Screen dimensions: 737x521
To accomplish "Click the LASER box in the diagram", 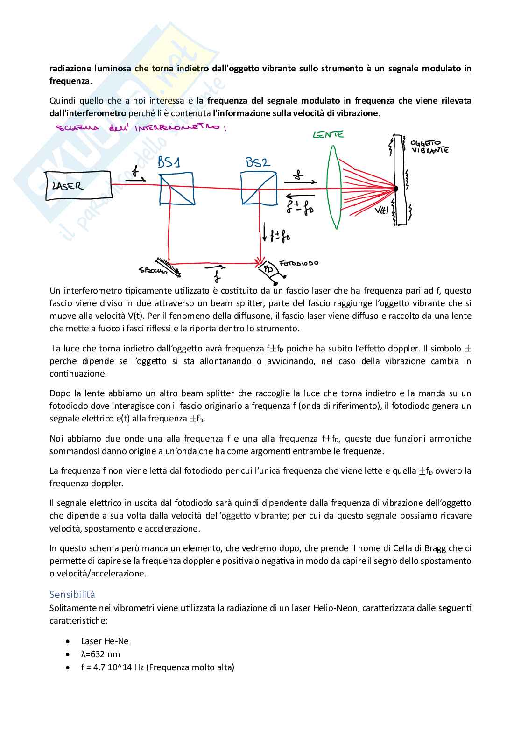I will [x=78, y=186].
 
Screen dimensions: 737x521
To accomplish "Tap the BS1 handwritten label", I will [x=169, y=162].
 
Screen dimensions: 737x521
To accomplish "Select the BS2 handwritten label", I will [x=257, y=162].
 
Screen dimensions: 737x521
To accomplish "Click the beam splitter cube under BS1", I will [x=176, y=189].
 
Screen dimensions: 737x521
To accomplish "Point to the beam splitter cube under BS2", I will [x=259, y=188].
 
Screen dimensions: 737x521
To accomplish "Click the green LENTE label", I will [x=328, y=134].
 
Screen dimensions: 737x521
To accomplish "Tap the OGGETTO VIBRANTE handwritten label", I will [x=429, y=147].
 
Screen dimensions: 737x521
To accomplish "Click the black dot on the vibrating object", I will [x=395, y=189].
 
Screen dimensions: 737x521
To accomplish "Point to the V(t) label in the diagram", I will [x=381, y=210].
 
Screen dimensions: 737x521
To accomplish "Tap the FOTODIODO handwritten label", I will [x=299, y=263].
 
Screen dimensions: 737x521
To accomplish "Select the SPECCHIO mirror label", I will [x=153, y=270].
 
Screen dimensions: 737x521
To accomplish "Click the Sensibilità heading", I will [x=72, y=594].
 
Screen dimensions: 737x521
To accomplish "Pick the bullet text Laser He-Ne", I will [x=105, y=641].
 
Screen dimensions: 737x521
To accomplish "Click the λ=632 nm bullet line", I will [x=100, y=654].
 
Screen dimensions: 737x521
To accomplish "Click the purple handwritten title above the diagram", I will [x=141, y=127].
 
